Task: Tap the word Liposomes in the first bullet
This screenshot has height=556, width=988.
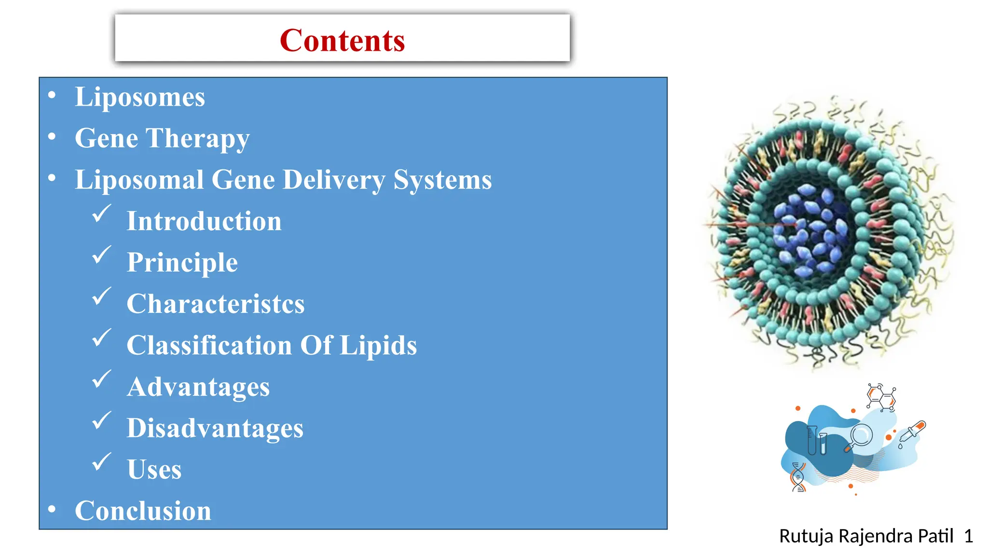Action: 140,97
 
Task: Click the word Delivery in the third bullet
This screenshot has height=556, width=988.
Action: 334,180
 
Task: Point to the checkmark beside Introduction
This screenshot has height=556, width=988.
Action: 101,213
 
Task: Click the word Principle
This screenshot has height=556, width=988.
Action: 182,263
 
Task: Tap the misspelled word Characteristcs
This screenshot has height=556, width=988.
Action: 215,304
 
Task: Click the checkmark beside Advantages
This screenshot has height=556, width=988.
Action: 101,379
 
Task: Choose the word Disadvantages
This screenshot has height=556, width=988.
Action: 215,428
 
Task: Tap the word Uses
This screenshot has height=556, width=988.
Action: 154,470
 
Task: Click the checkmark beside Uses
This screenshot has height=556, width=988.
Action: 101,462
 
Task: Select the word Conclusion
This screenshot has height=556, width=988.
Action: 143,511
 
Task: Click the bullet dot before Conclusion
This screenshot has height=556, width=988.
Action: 52,509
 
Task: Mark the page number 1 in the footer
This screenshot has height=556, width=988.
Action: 968,536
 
